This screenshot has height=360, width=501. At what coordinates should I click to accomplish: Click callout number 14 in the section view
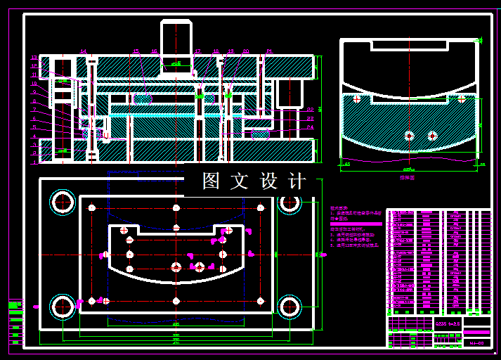coord(83,51)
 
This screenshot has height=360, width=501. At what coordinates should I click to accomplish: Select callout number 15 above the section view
coord(136,51)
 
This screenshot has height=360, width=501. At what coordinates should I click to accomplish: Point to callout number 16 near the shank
coord(155,51)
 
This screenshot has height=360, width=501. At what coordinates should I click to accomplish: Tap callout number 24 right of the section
coord(311,127)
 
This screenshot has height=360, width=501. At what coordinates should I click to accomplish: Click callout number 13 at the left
coord(34,58)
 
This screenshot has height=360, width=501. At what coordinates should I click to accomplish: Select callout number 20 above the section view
coord(246,51)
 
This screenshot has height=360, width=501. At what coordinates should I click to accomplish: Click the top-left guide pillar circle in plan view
coord(63,202)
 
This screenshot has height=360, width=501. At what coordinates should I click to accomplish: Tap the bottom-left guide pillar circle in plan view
coord(63,306)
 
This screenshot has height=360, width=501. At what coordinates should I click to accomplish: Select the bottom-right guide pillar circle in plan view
coord(289,306)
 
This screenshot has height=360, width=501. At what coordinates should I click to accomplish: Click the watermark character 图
coord(212,181)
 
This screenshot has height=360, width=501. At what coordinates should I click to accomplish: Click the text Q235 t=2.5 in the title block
coord(448,323)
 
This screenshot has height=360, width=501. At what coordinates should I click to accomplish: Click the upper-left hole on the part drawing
coord(357,99)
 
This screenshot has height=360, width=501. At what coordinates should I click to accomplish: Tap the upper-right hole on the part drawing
coord(461,99)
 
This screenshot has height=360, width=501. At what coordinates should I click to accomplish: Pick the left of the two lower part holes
coord(409,135)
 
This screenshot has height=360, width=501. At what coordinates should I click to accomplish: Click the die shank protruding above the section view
coord(176,42)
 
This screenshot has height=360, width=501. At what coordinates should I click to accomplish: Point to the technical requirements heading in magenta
coord(339,208)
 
